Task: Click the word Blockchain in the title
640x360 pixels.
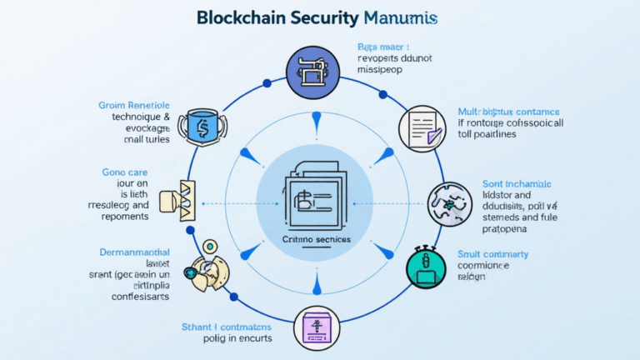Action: tap(247, 18)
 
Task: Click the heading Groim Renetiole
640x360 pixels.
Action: tap(134, 106)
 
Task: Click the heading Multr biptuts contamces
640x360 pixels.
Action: tap(508, 111)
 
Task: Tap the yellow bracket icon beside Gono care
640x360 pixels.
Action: tap(186, 199)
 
